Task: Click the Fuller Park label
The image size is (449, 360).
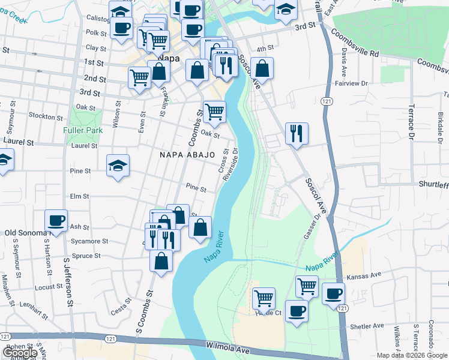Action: click(82, 130)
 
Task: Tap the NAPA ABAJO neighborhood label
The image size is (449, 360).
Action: click(187, 155)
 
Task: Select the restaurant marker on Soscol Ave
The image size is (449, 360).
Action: click(297, 134)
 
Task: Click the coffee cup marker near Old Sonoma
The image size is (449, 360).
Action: click(56, 220)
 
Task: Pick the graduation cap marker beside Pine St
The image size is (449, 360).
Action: click(118, 166)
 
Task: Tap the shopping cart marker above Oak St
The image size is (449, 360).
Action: click(214, 111)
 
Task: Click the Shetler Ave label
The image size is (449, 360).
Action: click(367, 326)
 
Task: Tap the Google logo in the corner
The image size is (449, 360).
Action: click(20, 353)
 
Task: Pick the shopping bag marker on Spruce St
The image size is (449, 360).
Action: click(161, 262)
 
